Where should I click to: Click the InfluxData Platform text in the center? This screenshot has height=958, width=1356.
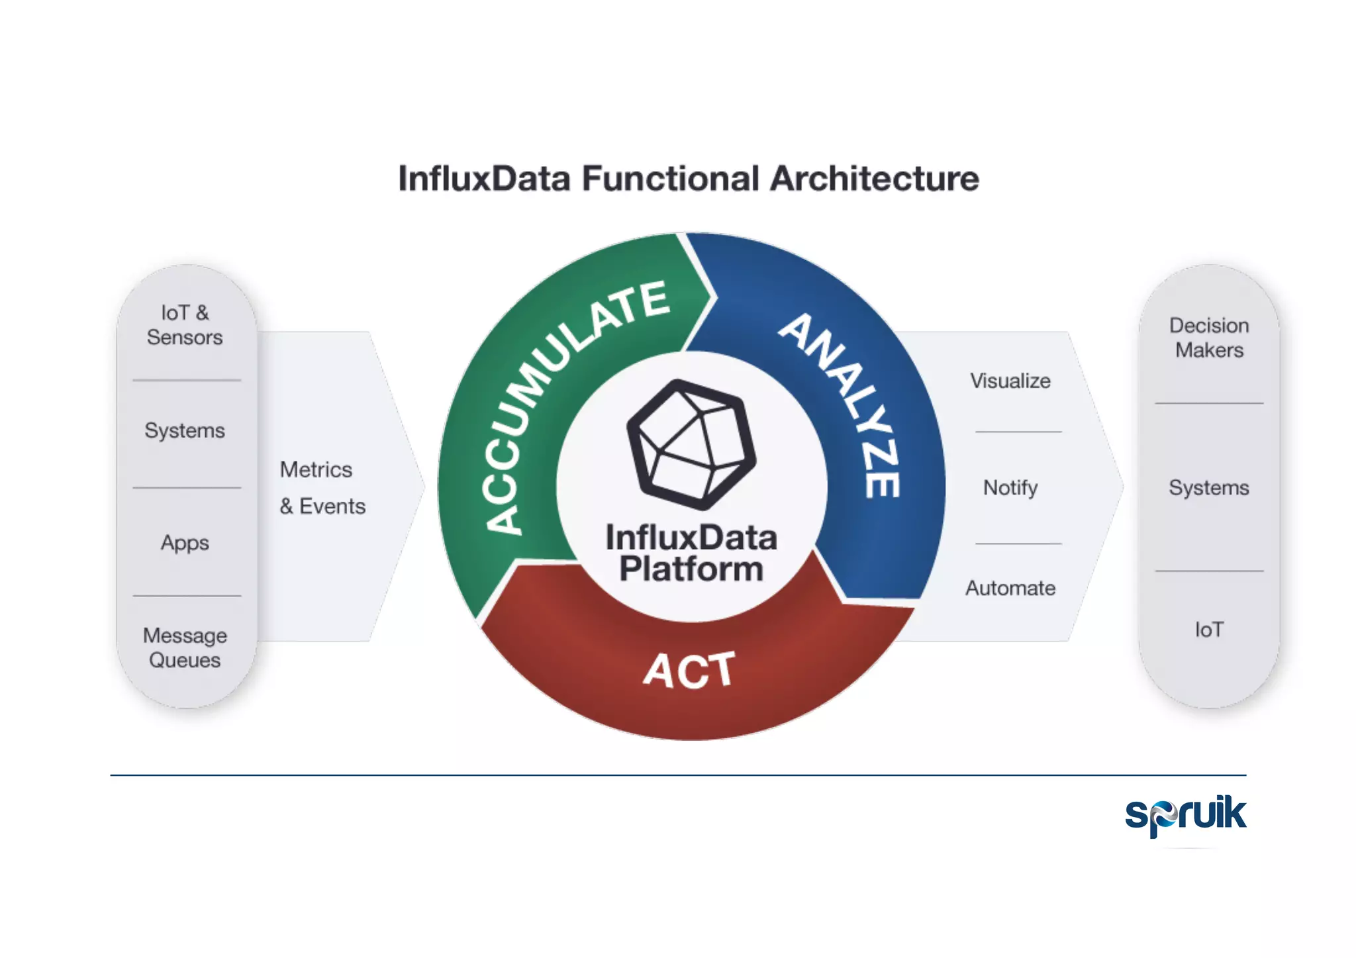[x=691, y=553]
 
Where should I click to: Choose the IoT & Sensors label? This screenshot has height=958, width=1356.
[x=185, y=324]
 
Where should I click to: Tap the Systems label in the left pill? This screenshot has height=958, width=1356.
[x=185, y=430]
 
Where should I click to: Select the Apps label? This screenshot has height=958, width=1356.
[x=185, y=543]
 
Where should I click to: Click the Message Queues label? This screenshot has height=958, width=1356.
[x=185, y=647]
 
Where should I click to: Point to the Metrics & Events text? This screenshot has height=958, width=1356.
[x=322, y=488]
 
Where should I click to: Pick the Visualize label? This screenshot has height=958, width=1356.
[x=1010, y=381]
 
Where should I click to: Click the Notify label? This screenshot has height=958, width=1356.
[x=1010, y=488]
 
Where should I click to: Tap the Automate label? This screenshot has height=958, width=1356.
[x=1010, y=588]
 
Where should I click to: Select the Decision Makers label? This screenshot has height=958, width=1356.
[x=1209, y=338]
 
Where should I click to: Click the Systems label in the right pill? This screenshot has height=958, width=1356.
[x=1209, y=488]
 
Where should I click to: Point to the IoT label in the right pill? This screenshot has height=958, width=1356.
[x=1209, y=629]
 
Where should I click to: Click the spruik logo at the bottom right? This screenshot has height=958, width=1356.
[x=1185, y=814]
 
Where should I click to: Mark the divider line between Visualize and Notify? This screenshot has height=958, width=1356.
[x=1018, y=432]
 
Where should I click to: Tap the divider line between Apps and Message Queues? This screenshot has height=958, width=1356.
[x=187, y=596]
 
